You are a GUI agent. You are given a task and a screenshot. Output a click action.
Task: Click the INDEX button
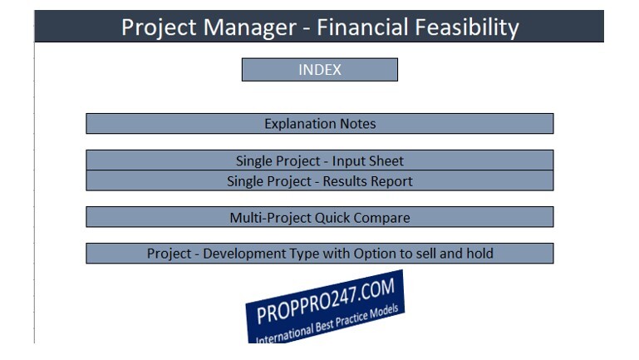click(x=319, y=70)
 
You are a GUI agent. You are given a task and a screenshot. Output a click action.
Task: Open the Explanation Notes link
click(x=319, y=124)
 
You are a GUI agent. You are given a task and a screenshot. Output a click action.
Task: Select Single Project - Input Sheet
click(x=319, y=160)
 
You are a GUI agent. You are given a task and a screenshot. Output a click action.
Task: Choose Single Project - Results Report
click(x=319, y=180)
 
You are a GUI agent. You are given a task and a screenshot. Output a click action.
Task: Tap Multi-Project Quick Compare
click(x=319, y=217)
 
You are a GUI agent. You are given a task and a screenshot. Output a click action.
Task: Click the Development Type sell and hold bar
click(x=319, y=254)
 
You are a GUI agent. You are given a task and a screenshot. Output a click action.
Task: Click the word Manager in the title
click(x=250, y=27)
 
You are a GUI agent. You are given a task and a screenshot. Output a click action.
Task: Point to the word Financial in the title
click(x=363, y=27)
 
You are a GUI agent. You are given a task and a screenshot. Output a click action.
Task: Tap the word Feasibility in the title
click(x=467, y=27)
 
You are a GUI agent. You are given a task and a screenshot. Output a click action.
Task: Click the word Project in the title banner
click(x=159, y=27)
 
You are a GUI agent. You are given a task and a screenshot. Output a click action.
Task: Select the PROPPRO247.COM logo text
click(x=326, y=300)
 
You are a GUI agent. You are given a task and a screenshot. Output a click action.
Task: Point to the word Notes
click(x=358, y=124)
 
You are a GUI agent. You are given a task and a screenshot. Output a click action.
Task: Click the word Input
click(x=348, y=161)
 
